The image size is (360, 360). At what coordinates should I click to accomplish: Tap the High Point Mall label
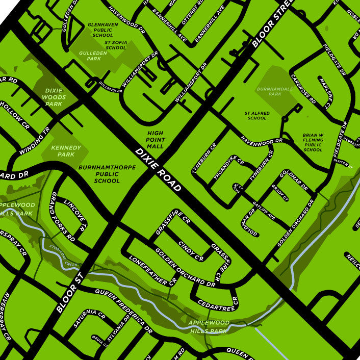click(x=155, y=139)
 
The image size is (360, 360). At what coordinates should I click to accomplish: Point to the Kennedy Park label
click(x=66, y=151)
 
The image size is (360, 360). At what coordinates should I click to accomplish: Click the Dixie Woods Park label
click(x=54, y=97)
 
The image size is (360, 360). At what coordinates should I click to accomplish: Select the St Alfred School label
click(x=256, y=115)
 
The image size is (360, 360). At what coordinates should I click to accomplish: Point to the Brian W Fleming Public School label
click(x=313, y=142)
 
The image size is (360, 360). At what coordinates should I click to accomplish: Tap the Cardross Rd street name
click(x=303, y=90)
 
